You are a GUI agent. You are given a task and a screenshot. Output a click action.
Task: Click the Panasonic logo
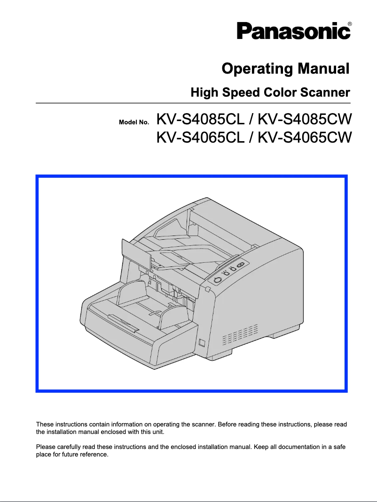click(x=293, y=31)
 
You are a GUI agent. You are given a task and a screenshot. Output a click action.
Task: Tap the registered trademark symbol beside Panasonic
click(x=349, y=23)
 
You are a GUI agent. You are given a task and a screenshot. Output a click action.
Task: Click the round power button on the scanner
click(x=217, y=280)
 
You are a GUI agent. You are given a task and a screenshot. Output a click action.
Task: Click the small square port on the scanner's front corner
click(x=202, y=342)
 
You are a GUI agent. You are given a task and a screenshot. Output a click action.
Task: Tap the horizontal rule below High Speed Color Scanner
click(x=193, y=103)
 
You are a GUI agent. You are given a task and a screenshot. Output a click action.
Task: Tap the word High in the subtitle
click(x=204, y=92)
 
